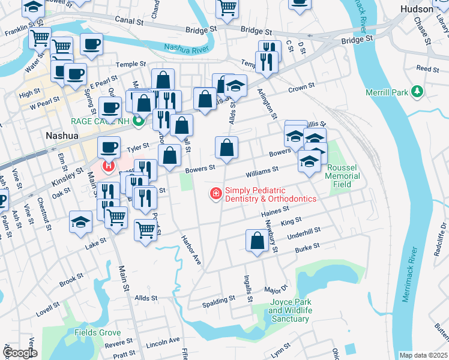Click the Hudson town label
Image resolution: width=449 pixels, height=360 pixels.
click(416, 9)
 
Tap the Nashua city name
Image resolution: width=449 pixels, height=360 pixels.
click(62, 136)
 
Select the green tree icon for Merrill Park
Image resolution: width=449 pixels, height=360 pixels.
click(415, 92)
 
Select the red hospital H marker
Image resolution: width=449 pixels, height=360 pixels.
click(108, 166)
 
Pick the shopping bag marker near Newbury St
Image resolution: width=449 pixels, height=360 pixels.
click(257, 241)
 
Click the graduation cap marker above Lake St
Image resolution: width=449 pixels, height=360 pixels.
click(80, 222)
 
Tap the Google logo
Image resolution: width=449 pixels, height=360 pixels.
click(20, 353)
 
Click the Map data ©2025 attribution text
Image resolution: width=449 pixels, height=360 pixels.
click(423, 355)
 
